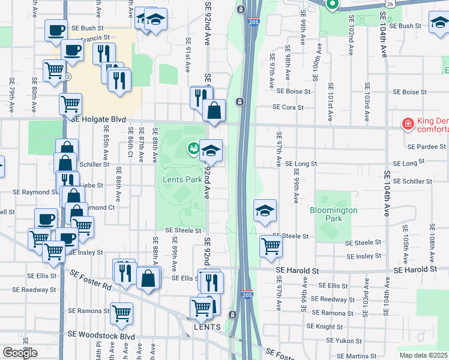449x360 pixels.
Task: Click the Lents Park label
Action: pos(182,179)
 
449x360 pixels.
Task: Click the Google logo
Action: pos(20,353)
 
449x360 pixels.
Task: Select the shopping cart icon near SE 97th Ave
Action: pos(271,245)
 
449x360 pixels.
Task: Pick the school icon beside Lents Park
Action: pos(211,149)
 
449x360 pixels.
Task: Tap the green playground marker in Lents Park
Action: pos(193,147)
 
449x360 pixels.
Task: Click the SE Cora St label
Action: pos(289,107)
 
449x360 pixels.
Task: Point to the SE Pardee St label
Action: pos(426,146)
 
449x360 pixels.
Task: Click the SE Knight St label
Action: pos(324,327)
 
